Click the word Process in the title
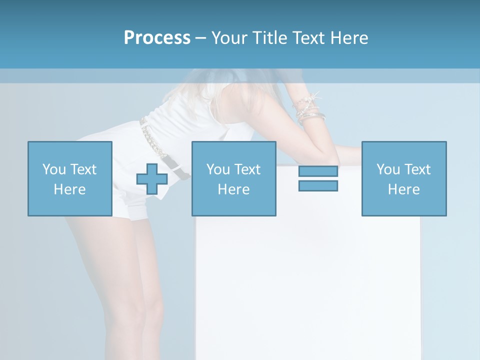point(157,38)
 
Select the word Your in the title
point(227,38)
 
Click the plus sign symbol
point(152,179)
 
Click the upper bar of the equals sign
point(318,171)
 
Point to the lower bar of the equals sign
point(318,185)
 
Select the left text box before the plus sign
point(69,178)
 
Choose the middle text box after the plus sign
point(233,178)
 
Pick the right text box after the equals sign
point(404,178)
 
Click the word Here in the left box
point(69,189)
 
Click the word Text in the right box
point(417,169)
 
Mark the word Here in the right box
point(404,189)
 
